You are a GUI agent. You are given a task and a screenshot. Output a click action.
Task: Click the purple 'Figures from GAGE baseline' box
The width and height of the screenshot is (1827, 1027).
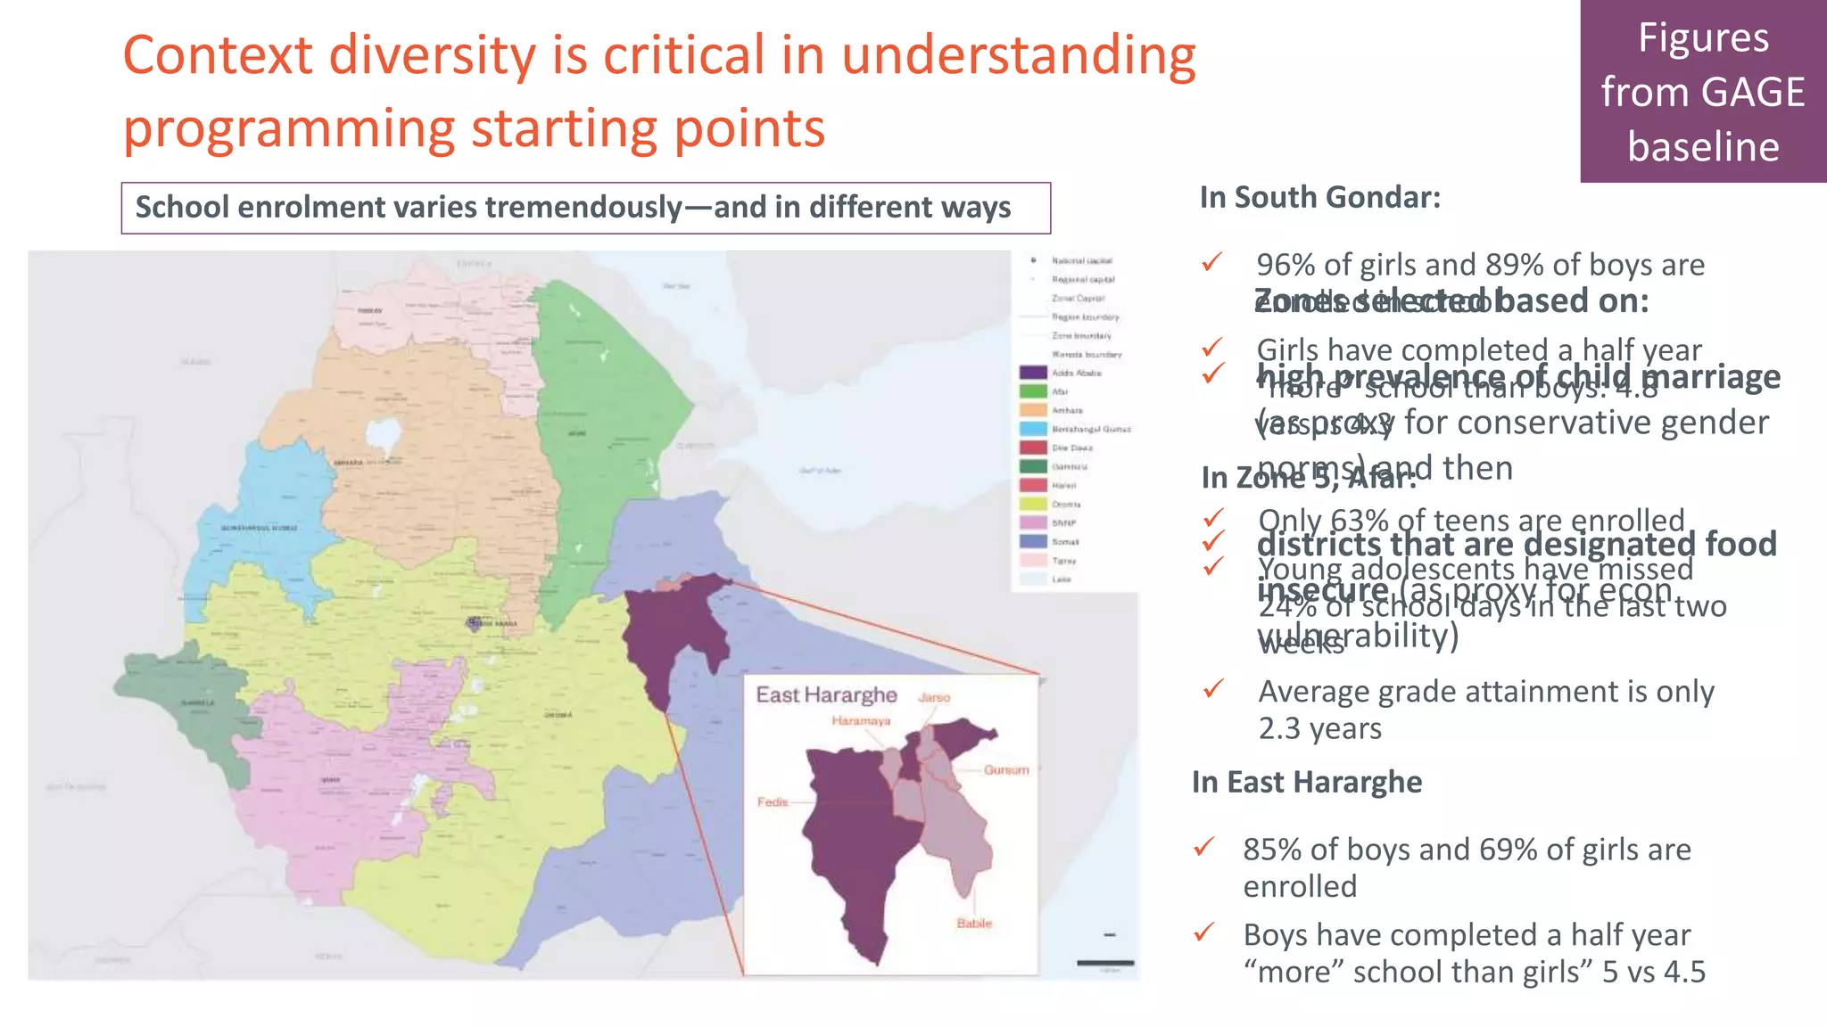coord(1702,92)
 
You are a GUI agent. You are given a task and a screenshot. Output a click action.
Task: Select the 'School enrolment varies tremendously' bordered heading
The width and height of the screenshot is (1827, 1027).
coord(585,208)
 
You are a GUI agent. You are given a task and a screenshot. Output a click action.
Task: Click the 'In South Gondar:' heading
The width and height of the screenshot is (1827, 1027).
coord(1319,197)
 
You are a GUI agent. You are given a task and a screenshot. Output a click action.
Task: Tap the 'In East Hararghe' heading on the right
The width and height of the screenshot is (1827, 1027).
coord(1306,782)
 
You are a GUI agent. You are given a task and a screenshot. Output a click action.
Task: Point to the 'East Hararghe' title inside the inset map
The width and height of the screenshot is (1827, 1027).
coord(826,695)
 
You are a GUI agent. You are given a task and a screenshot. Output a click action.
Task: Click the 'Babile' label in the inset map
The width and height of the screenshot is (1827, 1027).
coord(974,924)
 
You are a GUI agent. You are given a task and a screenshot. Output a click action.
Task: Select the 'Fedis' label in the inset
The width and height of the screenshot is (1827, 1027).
coord(773,802)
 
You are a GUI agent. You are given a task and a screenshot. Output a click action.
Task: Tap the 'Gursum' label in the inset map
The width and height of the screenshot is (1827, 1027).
coord(1006,769)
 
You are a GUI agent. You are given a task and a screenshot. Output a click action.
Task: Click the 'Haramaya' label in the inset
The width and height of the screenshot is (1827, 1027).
coord(861,720)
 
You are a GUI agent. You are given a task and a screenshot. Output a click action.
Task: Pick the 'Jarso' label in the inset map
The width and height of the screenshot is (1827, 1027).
coord(934,697)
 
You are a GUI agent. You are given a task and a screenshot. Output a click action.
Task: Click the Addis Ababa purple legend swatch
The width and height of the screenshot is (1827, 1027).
coord(1033,373)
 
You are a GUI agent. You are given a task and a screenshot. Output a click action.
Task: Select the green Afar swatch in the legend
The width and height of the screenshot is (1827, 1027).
coord(1033,391)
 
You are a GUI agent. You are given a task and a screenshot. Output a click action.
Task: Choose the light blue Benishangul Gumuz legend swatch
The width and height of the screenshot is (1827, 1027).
coord(1033,429)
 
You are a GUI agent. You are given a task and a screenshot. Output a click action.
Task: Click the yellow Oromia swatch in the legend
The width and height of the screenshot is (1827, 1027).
coord(1033,504)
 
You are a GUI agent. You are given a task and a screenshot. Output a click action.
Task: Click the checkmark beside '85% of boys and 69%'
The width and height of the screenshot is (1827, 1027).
coord(1204,847)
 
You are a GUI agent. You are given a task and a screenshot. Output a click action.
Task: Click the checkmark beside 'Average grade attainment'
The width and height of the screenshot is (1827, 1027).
coord(1213,689)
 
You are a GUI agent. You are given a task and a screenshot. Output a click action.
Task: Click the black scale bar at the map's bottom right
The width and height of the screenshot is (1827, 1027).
coord(1104,963)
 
